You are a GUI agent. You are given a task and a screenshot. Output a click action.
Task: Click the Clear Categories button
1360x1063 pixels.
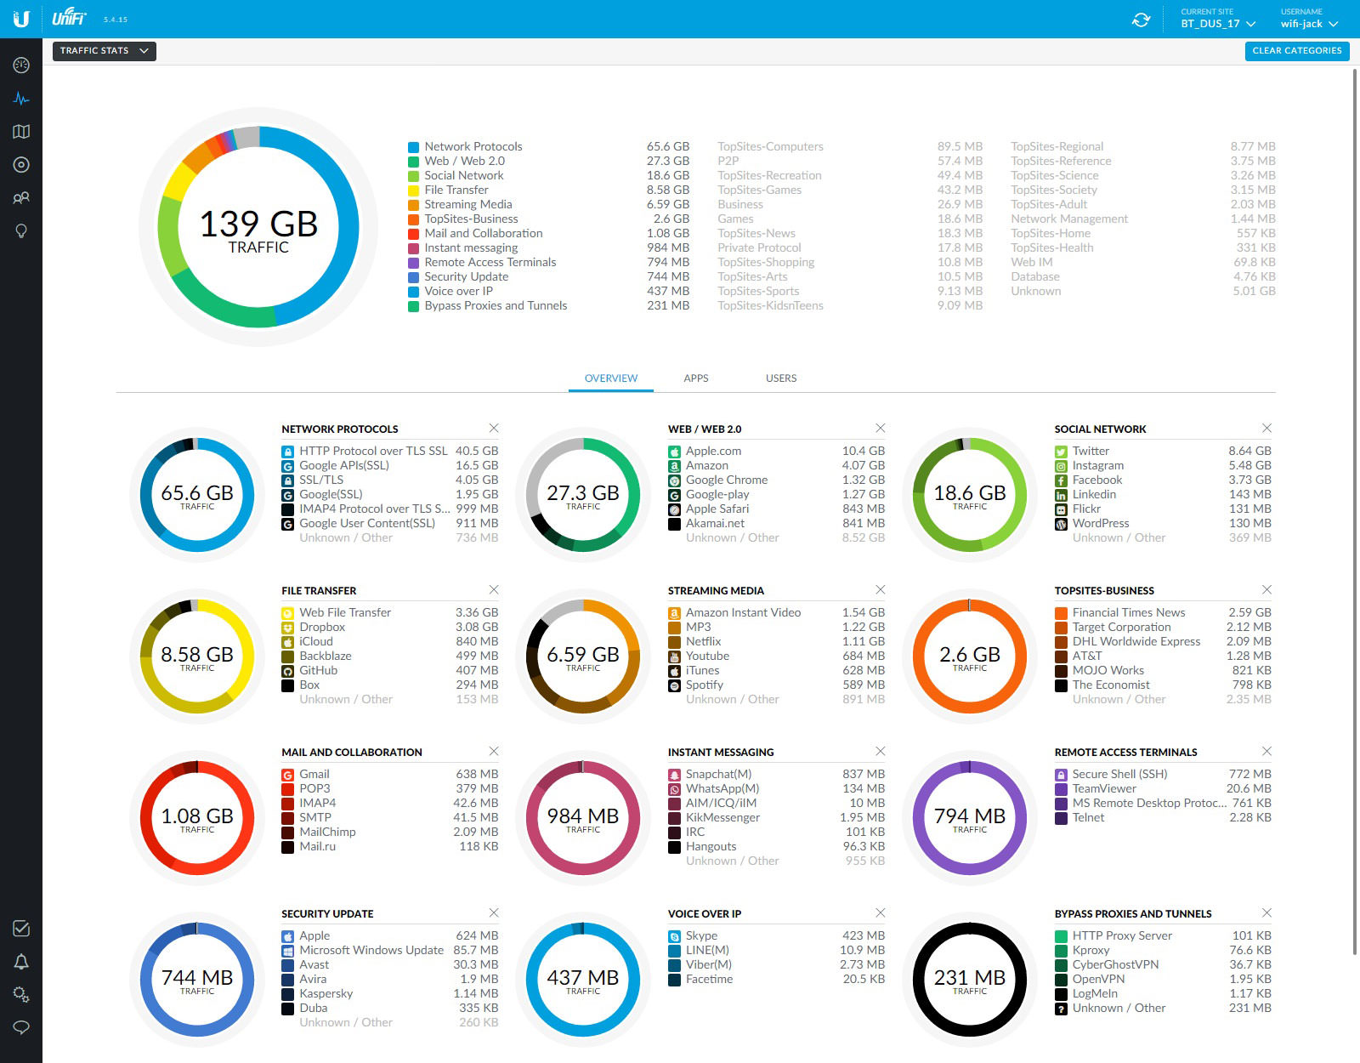coord(1296,51)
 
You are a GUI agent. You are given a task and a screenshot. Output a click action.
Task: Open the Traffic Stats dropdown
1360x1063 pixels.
coord(104,51)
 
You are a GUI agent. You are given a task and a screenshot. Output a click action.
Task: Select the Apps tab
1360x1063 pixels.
coord(695,378)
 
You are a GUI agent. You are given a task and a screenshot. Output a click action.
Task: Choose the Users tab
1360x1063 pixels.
coord(780,378)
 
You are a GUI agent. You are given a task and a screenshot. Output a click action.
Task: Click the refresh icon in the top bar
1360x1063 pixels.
coord(1141,20)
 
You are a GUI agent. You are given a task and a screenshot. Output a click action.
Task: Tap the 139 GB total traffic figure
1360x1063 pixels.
coord(258,225)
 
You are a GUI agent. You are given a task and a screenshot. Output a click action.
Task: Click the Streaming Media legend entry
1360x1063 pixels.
coord(467,204)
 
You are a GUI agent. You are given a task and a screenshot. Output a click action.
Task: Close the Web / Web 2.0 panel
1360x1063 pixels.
coord(880,428)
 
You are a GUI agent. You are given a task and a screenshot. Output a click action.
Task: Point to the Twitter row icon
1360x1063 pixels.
coord(1061,452)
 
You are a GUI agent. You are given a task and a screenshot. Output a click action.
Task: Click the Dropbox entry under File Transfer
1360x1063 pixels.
coord(322,627)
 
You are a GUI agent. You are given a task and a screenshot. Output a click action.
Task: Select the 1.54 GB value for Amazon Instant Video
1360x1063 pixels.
coord(864,612)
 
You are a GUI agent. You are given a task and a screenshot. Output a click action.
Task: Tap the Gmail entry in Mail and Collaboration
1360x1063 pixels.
coord(314,774)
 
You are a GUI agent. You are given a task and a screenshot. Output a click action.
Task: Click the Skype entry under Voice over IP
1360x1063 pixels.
coord(701,935)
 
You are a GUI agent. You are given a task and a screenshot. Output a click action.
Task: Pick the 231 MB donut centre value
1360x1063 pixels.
coord(969,978)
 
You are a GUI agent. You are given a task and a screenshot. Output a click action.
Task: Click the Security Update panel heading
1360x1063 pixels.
coord(327,913)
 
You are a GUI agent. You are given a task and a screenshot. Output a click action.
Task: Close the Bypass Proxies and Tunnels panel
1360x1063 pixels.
coord(1266,912)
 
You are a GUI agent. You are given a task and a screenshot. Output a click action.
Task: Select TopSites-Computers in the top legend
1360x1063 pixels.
coord(770,146)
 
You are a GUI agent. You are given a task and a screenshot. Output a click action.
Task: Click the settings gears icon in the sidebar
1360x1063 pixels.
coord(21,994)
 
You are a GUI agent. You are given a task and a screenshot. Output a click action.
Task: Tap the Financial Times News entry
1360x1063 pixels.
coord(1128,612)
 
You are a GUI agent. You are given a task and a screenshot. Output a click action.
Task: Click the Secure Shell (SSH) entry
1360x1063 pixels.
coord(1119,774)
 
